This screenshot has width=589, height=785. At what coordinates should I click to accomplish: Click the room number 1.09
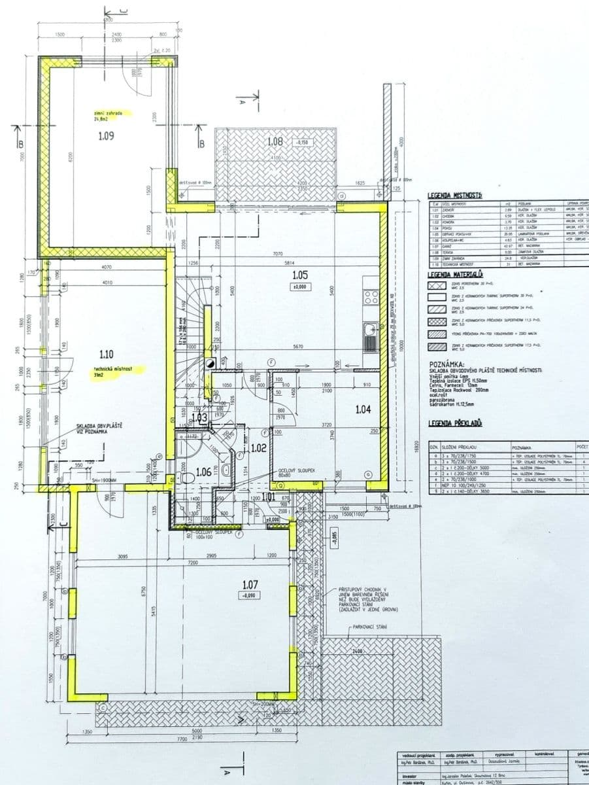[106, 137]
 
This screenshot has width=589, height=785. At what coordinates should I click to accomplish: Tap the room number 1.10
[107, 355]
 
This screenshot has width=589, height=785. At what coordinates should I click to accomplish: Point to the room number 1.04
[363, 410]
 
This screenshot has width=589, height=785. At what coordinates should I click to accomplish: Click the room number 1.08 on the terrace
[275, 141]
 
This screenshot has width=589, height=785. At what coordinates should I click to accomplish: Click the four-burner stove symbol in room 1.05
[371, 298]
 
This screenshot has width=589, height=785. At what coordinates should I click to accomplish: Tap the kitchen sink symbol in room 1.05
[371, 336]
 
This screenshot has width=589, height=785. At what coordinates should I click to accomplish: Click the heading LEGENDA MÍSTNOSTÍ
[455, 196]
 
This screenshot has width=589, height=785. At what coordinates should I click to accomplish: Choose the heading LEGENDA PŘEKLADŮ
[455, 424]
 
